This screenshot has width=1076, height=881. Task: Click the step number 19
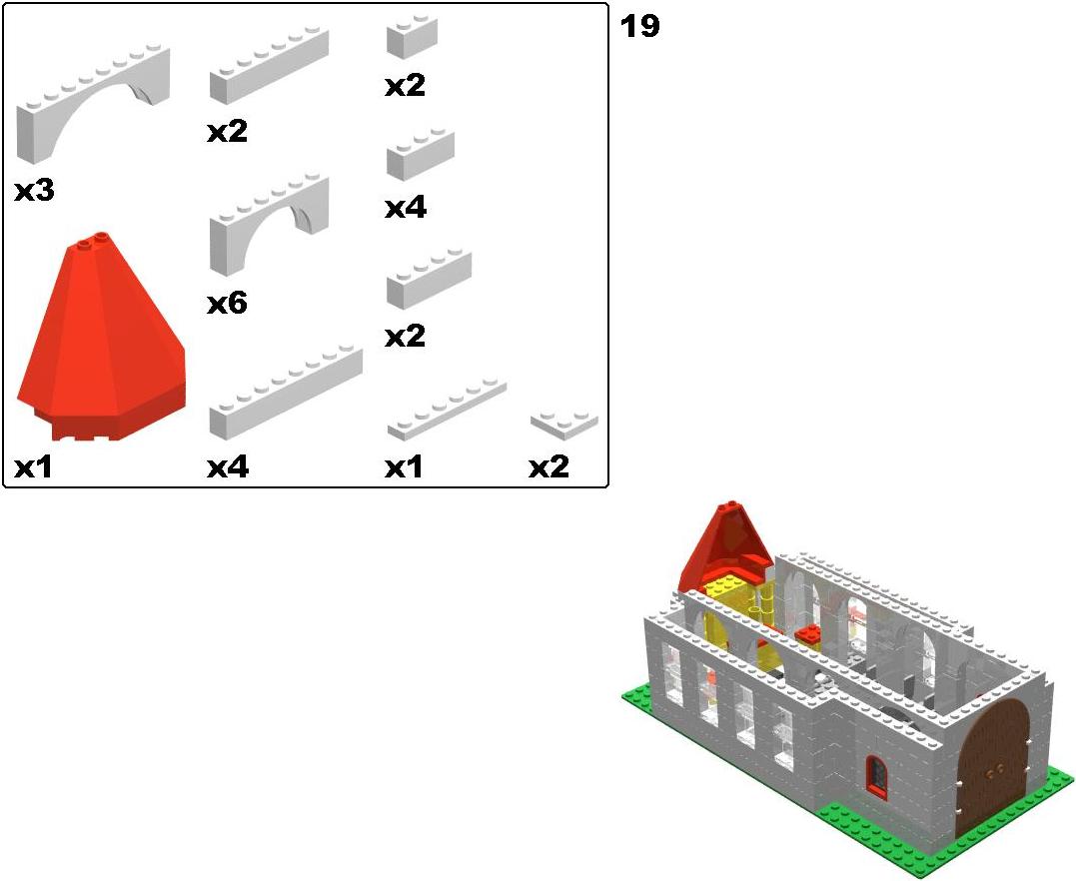639,27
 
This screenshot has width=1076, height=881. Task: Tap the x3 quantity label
34,191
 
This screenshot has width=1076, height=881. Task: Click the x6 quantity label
227,304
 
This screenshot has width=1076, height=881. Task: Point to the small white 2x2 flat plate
564,425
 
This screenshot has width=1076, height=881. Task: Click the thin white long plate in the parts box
447,409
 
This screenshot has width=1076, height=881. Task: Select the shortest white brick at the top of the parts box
412,36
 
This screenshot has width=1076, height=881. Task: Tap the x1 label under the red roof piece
34,467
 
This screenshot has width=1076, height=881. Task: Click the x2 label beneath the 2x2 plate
548,467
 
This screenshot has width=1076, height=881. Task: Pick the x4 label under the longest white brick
228,467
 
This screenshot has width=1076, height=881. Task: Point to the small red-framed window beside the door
875,775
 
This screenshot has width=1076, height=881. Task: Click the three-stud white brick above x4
420,154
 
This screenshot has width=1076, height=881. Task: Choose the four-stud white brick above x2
429,279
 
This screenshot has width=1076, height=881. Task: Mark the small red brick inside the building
809,634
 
